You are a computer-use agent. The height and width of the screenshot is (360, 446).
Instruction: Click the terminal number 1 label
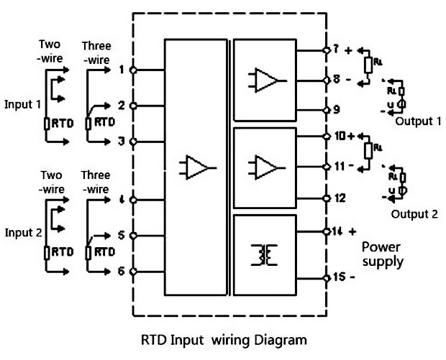(x=122, y=70)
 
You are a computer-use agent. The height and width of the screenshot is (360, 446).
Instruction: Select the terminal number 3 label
(x=122, y=141)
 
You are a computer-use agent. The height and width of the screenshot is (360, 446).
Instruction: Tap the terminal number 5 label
(x=122, y=235)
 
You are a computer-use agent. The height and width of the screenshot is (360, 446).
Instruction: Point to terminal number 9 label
(x=335, y=110)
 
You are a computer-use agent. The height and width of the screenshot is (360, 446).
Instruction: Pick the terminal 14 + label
(x=343, y=231)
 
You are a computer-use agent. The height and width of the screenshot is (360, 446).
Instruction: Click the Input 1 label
(x=24, y=103)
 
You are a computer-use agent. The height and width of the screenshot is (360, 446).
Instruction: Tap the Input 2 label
(x=24, y=233)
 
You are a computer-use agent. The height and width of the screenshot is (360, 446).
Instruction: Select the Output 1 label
(x=418, y=121)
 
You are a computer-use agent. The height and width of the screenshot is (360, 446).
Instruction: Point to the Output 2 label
(x=414, y=214)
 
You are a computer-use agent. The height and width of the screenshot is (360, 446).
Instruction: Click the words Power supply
(x=383, y=254)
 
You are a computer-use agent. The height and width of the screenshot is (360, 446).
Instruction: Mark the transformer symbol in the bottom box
(x=265, y=254)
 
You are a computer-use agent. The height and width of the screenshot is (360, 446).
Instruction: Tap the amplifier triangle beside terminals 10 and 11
(x=265, y=167)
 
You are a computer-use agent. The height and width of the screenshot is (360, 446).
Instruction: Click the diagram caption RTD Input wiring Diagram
(x=222, y=338)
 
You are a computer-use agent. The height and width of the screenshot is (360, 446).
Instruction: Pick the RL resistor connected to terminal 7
(x=368, y=65)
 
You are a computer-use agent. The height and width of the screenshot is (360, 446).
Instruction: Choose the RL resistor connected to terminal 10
(x=369, y=149)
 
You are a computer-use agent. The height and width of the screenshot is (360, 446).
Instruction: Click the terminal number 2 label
(x=122, y=105)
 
